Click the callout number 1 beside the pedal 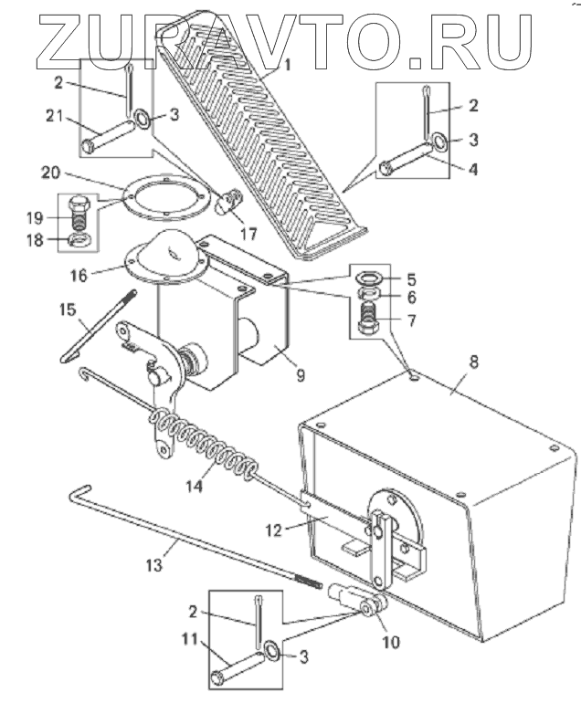pyautogui.click(x=286, y=65)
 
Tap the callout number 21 pyautogui.click(x=56, y=116)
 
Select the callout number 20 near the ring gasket pyautogui.click(x=50, y=173)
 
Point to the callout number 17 pyautogui.click(x=248, y=233)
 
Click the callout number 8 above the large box pyautogui.click(x=474, y=362)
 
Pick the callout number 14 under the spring pyautogui.click(x=195, y=486)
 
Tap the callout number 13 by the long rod pyautogui.click(x=153, y=565)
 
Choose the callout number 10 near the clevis pyautogui.click(x=391, y=642)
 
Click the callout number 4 pyautogui.click(x=473, y=169)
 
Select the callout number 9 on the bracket pyautogui.click(x=301, y=374)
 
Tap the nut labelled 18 pyautogui.click(x=80, y=239)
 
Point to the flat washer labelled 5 pyautogui.click(x=369, y=278)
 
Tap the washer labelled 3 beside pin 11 pyautogui.click(x=272, y=651)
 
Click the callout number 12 pyautogui.click(x=273, y=530)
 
